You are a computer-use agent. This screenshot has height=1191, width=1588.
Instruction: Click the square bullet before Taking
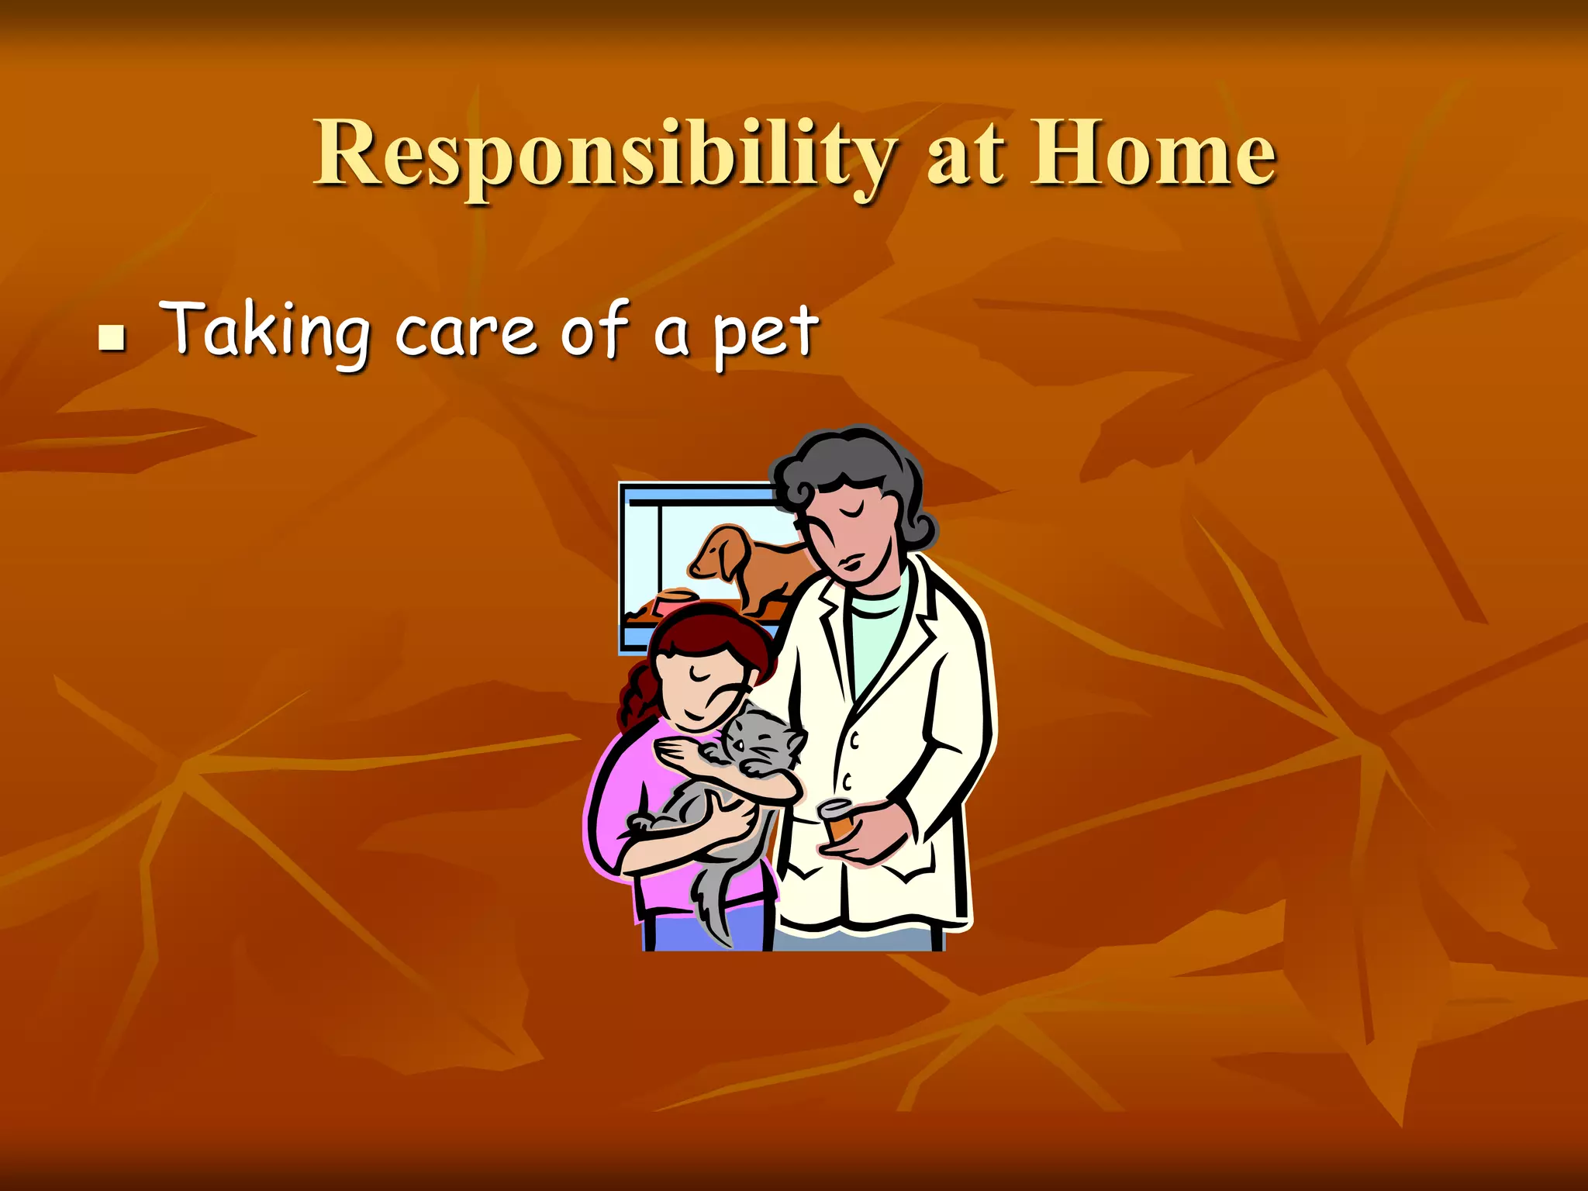pyautogui.click(x=112, y=338)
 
